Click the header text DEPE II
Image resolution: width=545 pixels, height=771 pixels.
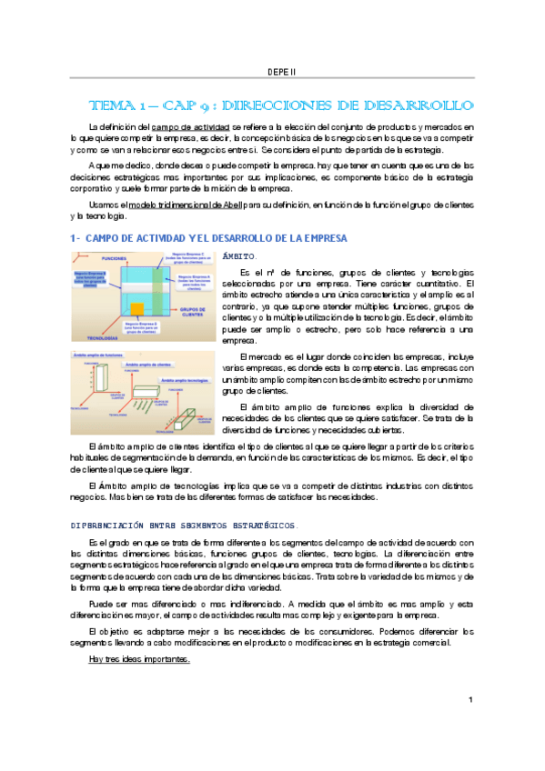click(281, 71)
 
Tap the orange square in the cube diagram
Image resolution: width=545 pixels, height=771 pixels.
click(136, 309)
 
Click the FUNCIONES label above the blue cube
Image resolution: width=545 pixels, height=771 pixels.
click(113, 257)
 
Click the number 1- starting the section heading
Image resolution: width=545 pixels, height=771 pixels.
click(76, 238)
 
